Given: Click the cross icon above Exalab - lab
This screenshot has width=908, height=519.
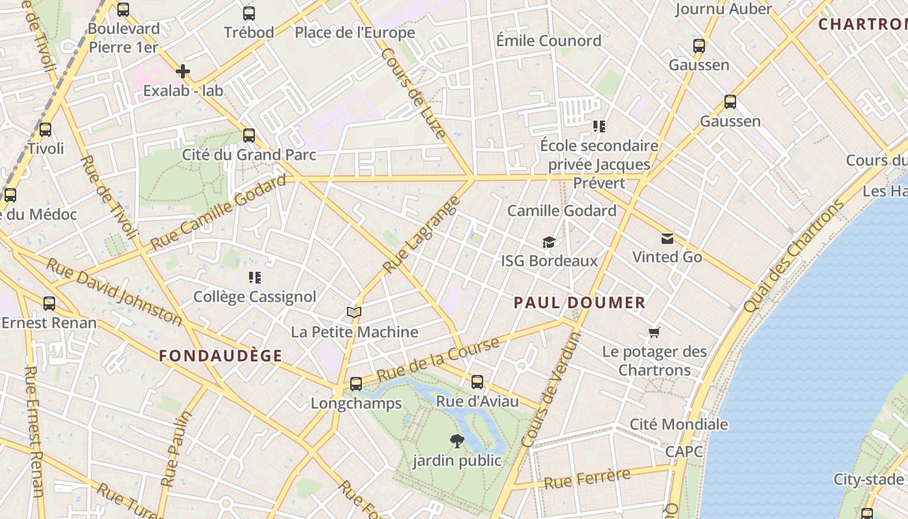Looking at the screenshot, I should (x=183, y=71).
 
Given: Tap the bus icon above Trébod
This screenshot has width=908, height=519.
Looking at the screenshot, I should (x=249, y=13).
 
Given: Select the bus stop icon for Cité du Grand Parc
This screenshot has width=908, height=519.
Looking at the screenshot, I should (x=249, y=135).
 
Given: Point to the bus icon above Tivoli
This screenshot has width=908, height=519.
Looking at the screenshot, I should (x=45, y=129).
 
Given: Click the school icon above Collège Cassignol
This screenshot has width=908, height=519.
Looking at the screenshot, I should (x=255, y=278).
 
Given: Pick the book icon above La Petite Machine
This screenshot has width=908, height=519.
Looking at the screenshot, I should (x=353, y=313).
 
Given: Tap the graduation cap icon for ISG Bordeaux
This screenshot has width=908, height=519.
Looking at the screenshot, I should (x=549, y=242).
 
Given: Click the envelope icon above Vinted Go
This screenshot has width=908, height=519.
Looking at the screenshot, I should (x=667, y=238).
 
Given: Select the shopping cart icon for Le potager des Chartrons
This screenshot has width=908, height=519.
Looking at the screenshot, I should (x=654, y=333).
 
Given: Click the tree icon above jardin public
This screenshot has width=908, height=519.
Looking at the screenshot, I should (x=457, y=441).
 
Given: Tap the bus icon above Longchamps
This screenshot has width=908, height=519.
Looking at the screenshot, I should (x=356, y=383).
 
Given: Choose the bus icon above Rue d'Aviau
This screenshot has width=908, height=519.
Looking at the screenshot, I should (x=477, y=381).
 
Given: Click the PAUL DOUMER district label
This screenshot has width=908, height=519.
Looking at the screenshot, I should (x=580, y=302).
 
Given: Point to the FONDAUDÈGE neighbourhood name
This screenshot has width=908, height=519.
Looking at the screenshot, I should (x=221, y=356).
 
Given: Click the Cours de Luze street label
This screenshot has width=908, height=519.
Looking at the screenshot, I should (x=414, y=93).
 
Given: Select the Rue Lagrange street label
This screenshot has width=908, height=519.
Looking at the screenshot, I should (x=421, y=234).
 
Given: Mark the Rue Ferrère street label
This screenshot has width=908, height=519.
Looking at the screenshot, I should (x=587, y=479).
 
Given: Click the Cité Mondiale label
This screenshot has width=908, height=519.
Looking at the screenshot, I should (x=679, y=424).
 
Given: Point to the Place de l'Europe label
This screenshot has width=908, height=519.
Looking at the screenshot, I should (x=355, y=32).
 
